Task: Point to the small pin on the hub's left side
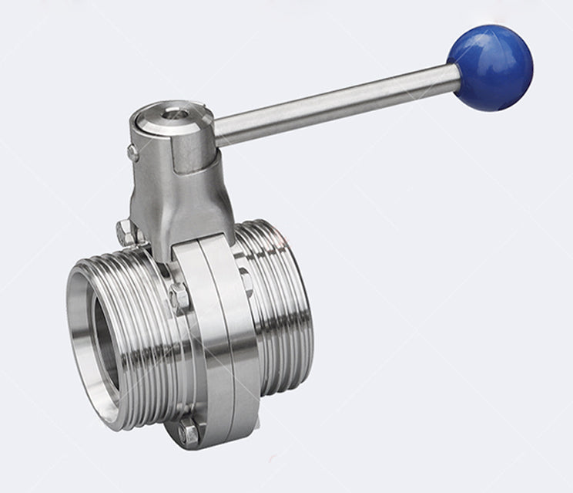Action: [133, 153]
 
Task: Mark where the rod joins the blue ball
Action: [457, 77]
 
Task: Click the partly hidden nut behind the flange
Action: [244, 274]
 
